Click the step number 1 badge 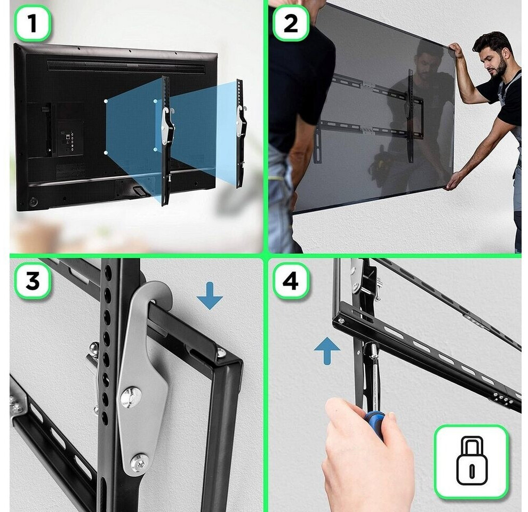click(x=33, y=23)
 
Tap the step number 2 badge click(x=291, y=23)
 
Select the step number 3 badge click(x=33, y=281)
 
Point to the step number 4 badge click(x=291, y=281)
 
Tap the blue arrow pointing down click(x=210, y=295)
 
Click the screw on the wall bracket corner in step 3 click(x=221, y=353)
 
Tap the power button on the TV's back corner click(x=34, y=202)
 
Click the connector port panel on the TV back click(x=70, y=139)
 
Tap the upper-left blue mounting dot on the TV click(x=106, y=101)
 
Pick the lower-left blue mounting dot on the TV click(x=106, y=153)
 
